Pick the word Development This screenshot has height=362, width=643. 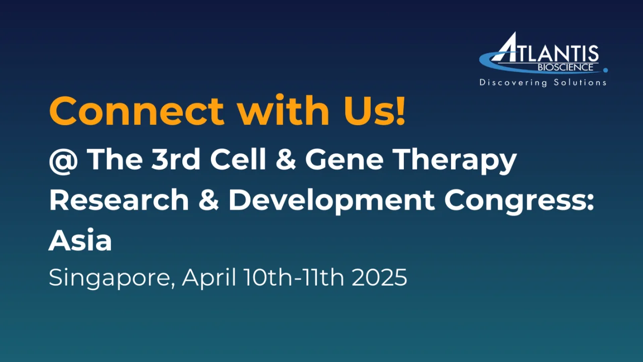332,202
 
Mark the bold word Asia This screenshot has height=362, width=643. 80,240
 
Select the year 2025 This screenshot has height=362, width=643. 379,277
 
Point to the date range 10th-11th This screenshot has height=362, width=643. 294,277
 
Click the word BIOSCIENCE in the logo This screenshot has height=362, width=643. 565,67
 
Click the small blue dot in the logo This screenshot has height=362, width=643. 605,70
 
